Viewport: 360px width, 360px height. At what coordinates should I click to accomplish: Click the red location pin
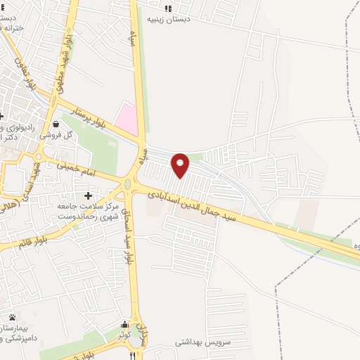click(181, 165)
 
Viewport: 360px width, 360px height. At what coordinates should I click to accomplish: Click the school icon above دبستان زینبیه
click(167, 8)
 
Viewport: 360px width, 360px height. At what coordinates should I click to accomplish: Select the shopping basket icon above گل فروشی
click(56, 124)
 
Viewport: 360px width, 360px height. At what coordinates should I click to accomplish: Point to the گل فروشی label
click(56, 134)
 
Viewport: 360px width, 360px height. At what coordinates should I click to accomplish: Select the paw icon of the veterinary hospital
click(13, 317)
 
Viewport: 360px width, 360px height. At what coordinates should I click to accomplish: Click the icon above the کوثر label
click(124, 325)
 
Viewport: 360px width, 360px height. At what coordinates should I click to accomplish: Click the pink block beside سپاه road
click(127, 117)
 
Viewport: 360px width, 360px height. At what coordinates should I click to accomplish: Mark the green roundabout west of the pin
click(128, 185)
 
